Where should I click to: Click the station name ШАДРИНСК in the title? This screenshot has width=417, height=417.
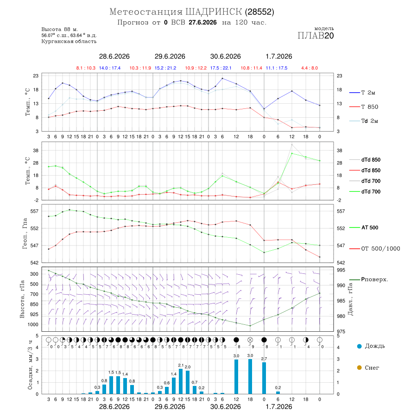(x=214, y=12)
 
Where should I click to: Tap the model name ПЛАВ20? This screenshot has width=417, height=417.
(x=316, y=36)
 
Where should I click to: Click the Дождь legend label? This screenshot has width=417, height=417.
(x=375, y=346)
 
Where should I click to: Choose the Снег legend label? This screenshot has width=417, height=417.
(x=372, y=368)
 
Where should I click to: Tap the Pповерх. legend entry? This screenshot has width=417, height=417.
(x=374, y=279)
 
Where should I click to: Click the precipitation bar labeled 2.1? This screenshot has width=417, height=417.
(x=181, y=381)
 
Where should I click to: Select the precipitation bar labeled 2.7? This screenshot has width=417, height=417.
(x=264, y=378)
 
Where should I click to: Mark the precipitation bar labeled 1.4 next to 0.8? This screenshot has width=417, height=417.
(x=125, y=386)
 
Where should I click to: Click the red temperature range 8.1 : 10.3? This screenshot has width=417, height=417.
(x=86, y=68)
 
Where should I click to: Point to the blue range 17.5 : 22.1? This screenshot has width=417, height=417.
(x=221, y=68)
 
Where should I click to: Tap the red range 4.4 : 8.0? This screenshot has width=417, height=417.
(x=310, y=68)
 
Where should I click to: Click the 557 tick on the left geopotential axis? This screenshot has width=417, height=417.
(x=35, y=211)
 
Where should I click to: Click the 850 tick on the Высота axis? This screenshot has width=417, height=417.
(x=34, y=304)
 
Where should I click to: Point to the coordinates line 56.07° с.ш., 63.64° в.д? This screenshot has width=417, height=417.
(x=69, y=35)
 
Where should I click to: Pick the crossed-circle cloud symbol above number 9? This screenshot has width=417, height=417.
(x=250, y=340)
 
